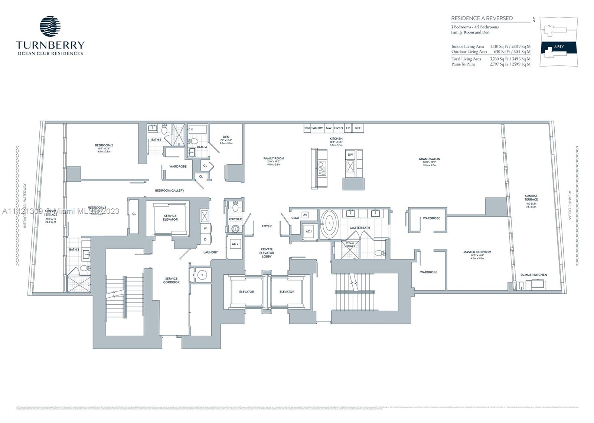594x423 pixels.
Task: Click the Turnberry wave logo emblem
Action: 50,26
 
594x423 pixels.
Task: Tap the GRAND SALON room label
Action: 429,159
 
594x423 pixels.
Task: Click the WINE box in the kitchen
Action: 307,128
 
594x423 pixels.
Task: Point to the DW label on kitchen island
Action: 350,155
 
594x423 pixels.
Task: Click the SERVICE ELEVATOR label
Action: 170,218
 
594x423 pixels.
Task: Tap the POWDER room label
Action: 235,219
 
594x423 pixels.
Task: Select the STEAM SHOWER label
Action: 350,245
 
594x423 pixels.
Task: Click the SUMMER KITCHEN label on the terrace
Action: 533,275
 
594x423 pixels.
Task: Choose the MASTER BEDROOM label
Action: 477,252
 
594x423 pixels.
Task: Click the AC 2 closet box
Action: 235,244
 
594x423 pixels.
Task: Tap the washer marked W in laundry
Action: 205,229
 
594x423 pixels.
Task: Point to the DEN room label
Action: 226,137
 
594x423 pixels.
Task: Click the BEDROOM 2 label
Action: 104,145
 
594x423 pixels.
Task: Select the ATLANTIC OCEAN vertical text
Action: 569,206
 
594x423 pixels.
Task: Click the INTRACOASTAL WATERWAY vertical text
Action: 25,206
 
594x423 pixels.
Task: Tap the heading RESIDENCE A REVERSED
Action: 482,18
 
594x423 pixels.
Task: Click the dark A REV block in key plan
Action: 559,47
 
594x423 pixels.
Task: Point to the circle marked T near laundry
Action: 202,275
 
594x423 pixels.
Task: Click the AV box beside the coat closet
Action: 305,215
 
